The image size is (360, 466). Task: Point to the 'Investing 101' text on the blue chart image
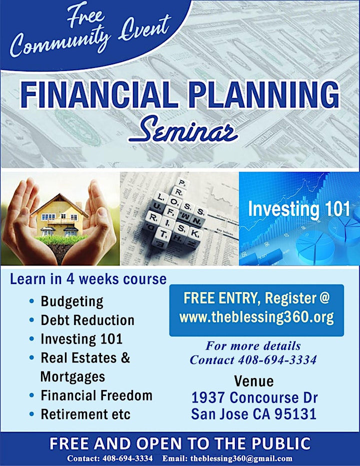[x=299, y=208]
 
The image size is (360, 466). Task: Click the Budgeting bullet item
[x=72, y=301]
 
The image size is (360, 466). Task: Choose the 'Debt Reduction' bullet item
[x=87, y=320]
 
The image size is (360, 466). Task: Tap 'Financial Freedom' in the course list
[x=96, y=395]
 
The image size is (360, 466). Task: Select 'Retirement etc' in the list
[x=85, y=414]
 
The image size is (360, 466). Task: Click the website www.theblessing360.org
[x=256, y=317]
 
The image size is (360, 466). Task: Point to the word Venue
[x=253, y=381]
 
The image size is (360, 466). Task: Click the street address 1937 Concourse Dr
[x=254, y=397]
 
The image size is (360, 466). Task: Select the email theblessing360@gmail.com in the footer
[x=241, y=458]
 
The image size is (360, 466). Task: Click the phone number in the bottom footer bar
[x=127, y=458]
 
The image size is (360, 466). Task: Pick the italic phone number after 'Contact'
[x=277, y=360]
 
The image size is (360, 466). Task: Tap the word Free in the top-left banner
[x=86, y=17]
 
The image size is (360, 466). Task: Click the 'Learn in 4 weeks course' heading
[x=88, y=279]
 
